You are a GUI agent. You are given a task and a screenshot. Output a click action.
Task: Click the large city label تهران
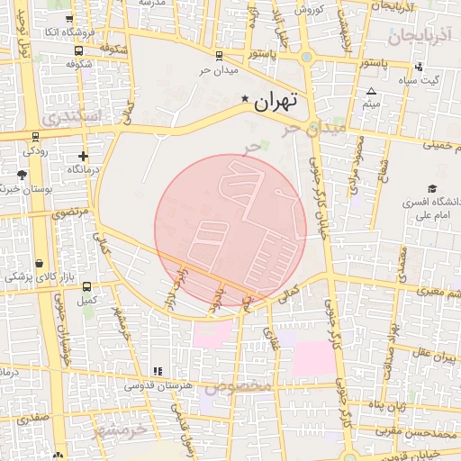(275, 102)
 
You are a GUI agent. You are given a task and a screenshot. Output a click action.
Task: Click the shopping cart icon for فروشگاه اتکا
(71, 44)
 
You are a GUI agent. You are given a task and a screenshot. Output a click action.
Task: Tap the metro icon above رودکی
(34, 138)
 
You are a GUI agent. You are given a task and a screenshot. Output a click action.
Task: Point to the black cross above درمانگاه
(83, 156)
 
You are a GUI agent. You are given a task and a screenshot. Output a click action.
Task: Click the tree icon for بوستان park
(22, 175)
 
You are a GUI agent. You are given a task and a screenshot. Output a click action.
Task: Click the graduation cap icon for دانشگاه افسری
(433, 190)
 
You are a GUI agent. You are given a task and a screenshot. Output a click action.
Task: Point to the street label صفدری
(32, 419)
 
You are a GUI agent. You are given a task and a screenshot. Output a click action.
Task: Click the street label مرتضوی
(71, 213)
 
